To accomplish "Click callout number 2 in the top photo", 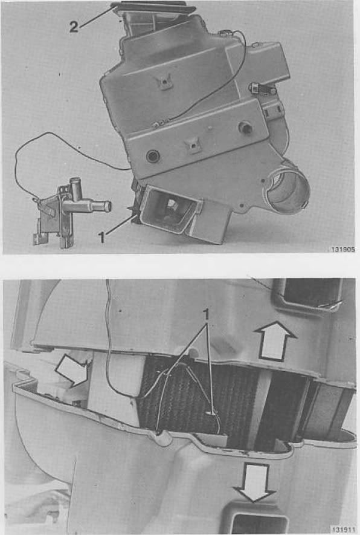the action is (74, 27).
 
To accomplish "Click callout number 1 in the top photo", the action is (101, 238).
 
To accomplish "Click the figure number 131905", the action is (343, 250).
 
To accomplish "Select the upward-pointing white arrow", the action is (275, 341).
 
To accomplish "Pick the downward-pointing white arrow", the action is (255, 482).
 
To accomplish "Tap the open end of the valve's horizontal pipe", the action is (108, 206).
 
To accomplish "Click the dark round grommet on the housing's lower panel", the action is (153, 157).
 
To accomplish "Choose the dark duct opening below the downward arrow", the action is (259, 524).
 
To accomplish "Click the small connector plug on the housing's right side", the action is (263, 89).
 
